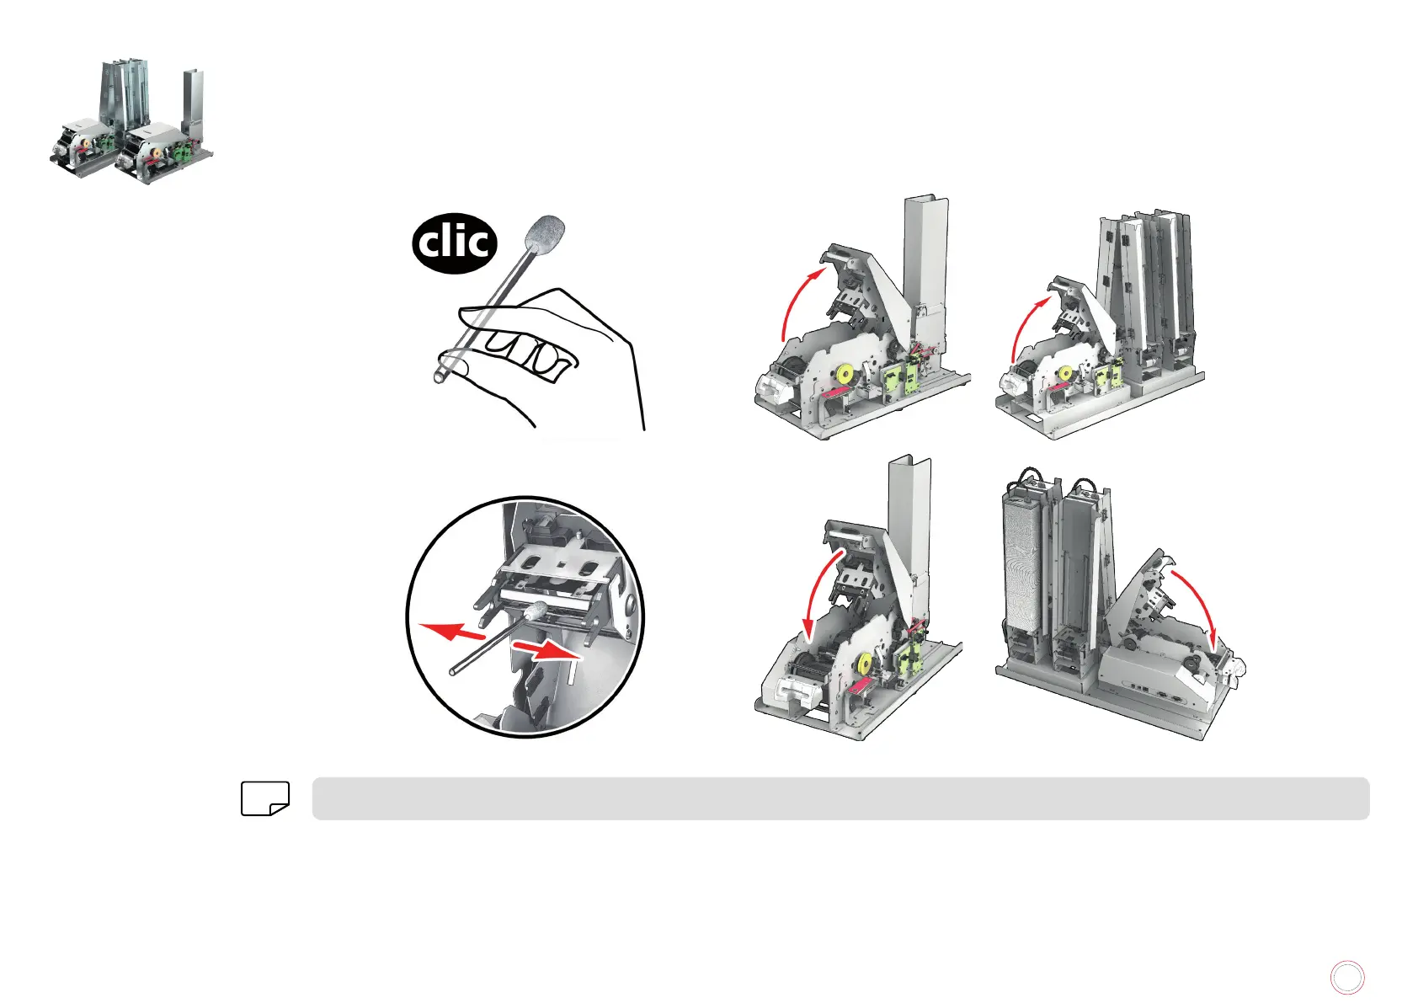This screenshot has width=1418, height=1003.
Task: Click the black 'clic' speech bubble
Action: [454, 243]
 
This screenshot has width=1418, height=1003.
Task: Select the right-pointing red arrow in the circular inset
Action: [547, 650]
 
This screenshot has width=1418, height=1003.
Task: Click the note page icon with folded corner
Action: [265, 798]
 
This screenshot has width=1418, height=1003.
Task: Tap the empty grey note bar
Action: [840, 798]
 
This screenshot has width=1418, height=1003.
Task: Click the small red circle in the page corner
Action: [1347, 977]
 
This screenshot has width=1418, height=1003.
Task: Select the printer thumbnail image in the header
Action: [131, 121]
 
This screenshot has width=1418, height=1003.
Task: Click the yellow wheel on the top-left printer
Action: [845, 375]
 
